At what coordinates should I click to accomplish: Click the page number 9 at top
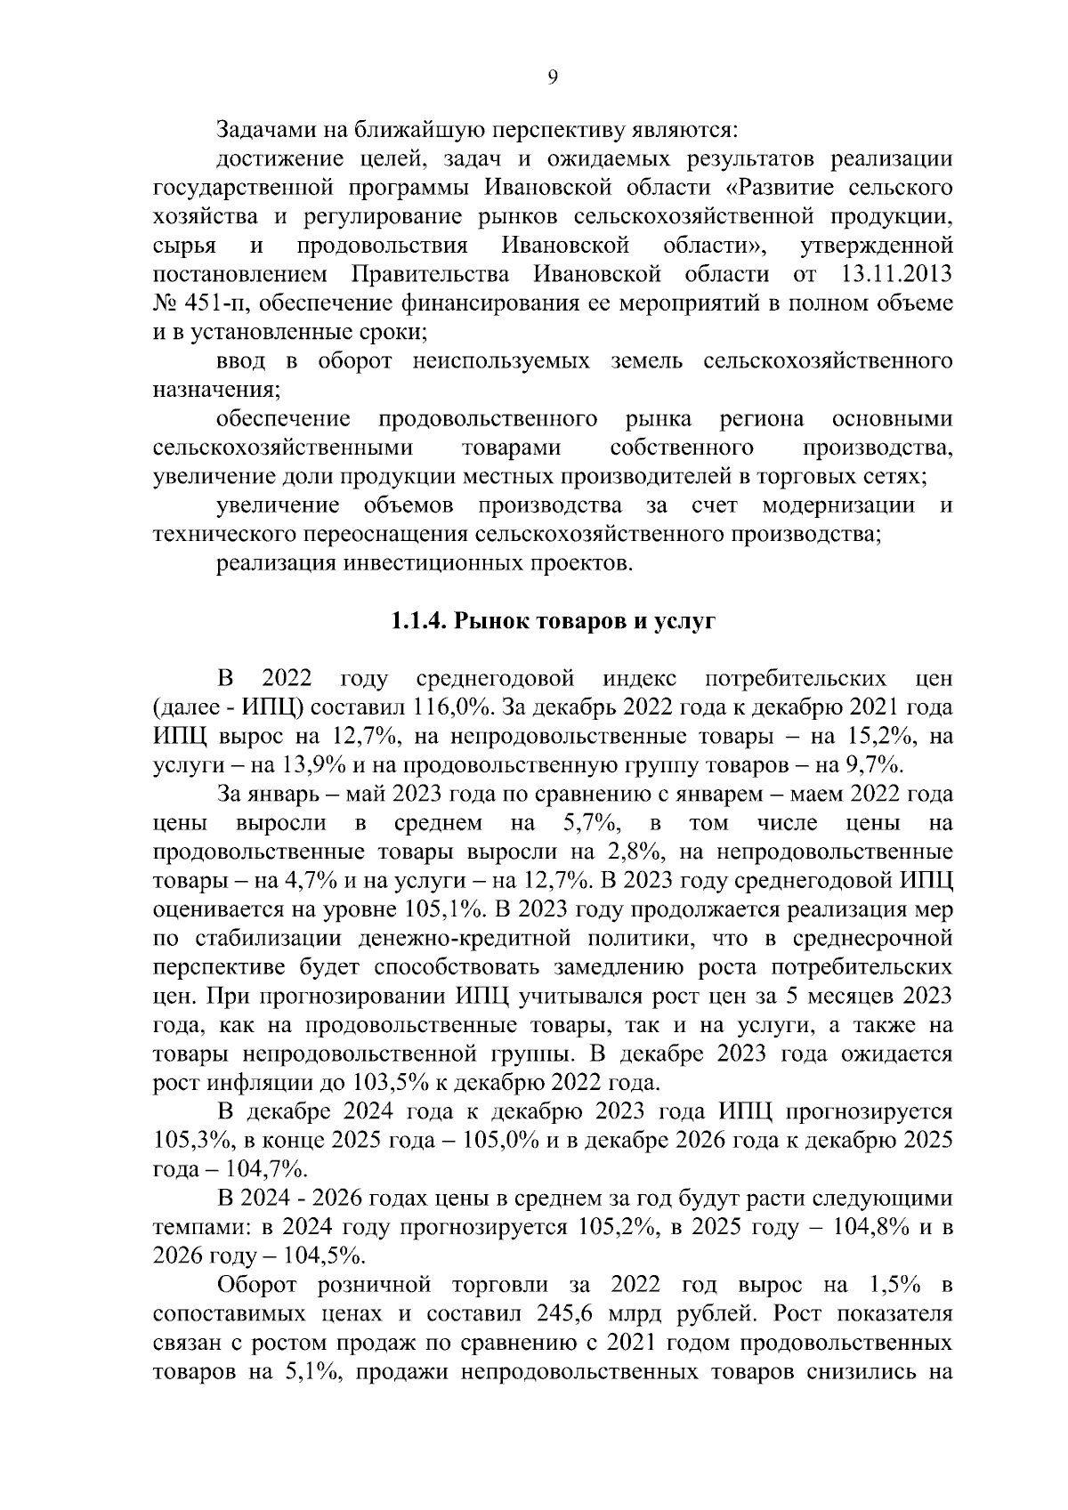[x=551, y=78]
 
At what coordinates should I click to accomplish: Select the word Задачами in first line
[x=261, y=131]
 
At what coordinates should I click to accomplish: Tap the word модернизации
[x=837, y=506]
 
